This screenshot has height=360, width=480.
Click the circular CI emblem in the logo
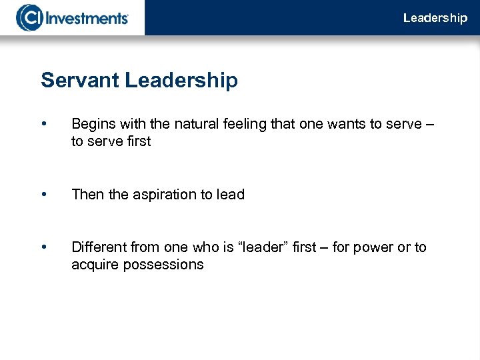(x=29, y=17)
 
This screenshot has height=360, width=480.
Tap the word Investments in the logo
(x=87, y=17)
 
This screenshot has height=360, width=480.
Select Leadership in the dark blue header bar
(x=435, y=18)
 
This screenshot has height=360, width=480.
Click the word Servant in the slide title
(x=79, y=81)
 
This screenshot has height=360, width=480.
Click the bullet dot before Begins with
(x=44, y=124)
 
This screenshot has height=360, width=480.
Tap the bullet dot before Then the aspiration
(x=44, y=195)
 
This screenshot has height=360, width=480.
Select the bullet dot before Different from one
(x=44, y=247)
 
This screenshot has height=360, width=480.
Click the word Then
(x=87, y=195)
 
